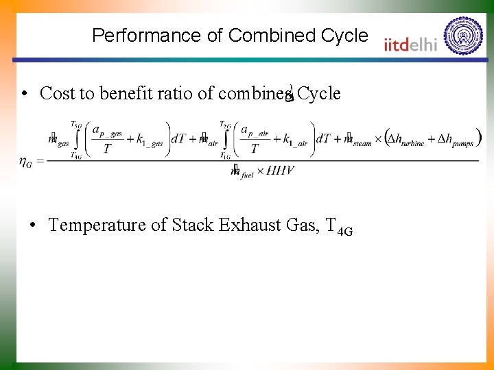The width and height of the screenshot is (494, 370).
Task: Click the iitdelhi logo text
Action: point(411,43)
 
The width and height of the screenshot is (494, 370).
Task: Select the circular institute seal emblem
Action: point(463,36)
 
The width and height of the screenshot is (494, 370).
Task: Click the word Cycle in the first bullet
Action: point(319,93)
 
